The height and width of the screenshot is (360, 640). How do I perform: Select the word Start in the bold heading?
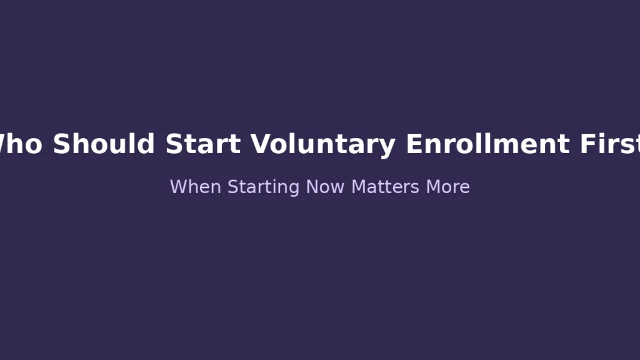[203, 144]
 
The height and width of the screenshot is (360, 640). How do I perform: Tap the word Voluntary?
[323, 144]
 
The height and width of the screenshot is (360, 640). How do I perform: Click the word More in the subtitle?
[448, 187]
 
